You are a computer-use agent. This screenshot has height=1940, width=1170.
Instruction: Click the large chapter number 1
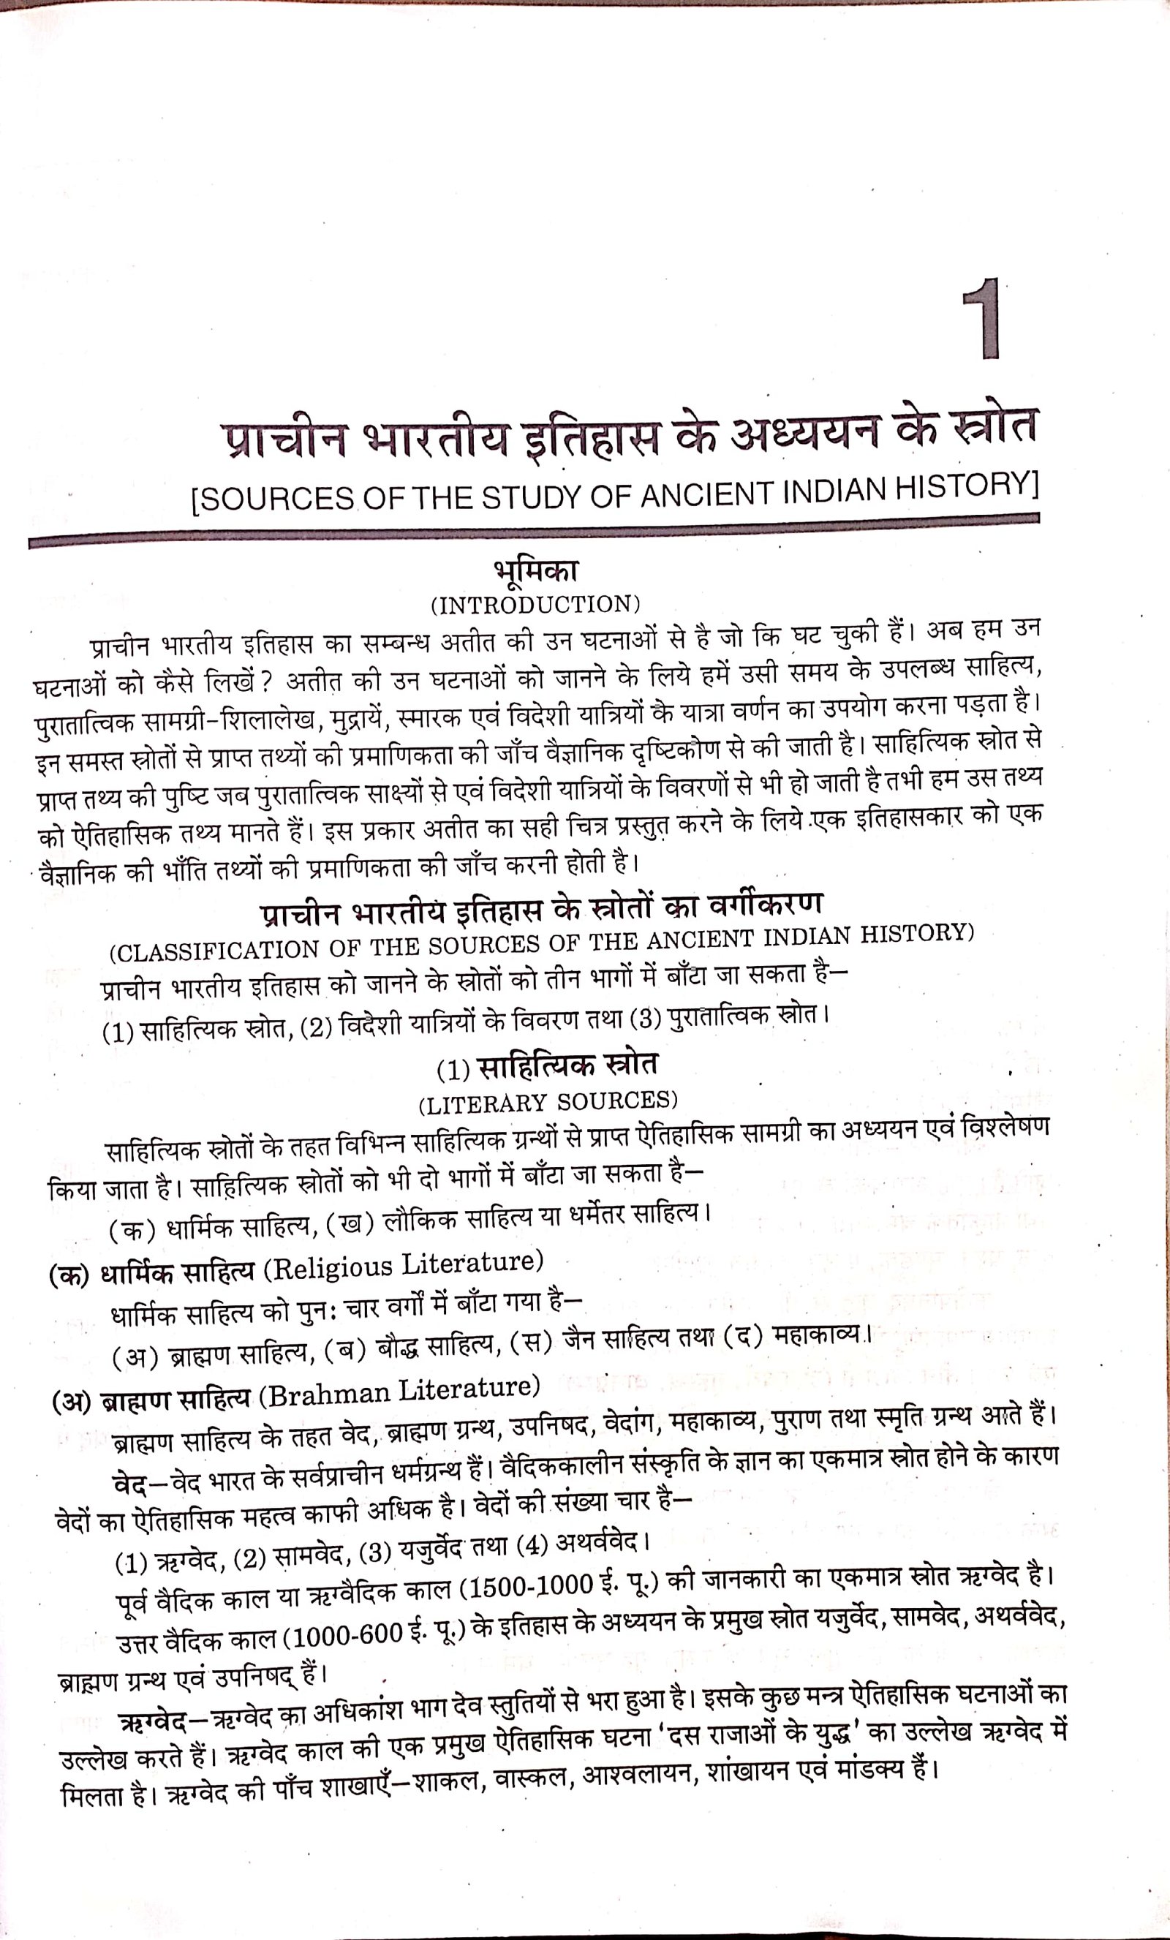click(981, 319)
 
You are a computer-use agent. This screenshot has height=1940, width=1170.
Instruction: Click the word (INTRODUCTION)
click(535, 605)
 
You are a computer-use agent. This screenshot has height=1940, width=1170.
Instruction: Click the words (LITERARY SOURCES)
click(548, 1101)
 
